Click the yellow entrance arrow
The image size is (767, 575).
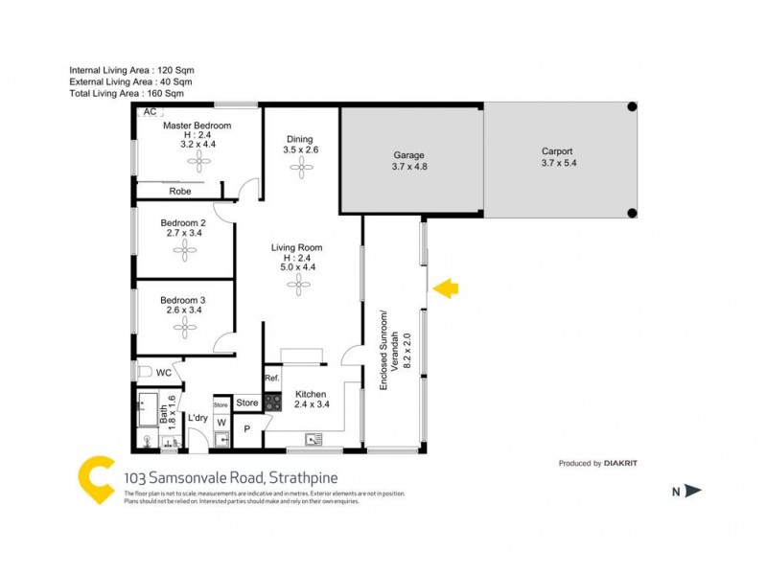pyautogui.click(x=447, y=287)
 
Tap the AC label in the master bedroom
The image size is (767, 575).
pyautogui.click(x=149, y=112)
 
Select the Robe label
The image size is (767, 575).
pyautogui.click(x=179, y=192)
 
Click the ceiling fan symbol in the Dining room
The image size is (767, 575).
pyautogui.click(x=300, y=168)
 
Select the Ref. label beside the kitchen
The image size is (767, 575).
pyautogui.click(x=271, y=379)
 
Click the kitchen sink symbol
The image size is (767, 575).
pyautogui.click(x=313, y=440)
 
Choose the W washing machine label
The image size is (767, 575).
pyautogui.click(x=221, y=421)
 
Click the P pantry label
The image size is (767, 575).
pyautogui.click(x=246, y=429)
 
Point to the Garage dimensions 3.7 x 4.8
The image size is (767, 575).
pyautogui.click(x=408, y=168)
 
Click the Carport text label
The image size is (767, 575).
pyautogui.click(x=557, y=150)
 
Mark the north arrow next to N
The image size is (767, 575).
pyautogui.click(x=693, y=492)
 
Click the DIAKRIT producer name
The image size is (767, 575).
pyautogui.click(x=621, y=464)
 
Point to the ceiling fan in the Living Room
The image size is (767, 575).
pyautogui.click(x=300, y=286)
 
